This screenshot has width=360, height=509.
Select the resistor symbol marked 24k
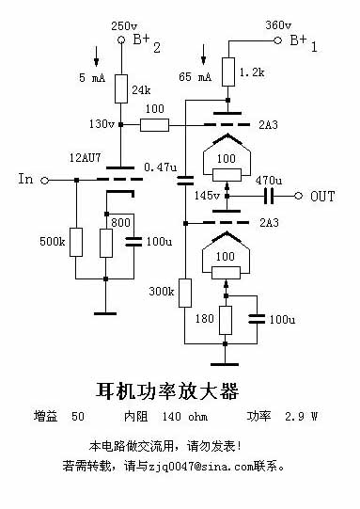click(120, 90)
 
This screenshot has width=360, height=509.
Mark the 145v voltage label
click(204, 196)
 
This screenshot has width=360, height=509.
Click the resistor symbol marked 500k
click(75, 243)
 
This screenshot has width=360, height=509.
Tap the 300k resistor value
click(162, 292)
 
